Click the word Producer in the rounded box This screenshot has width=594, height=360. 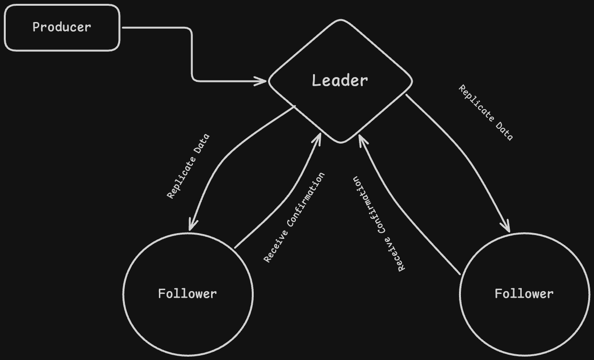(x=62, y=27)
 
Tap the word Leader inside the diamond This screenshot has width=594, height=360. (x=340, y=80)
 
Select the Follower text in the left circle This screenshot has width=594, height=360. (x=187, y=293)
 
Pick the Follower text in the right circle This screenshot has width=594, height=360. (x=524, y=293)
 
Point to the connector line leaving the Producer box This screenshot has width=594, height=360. (x=192, y=53)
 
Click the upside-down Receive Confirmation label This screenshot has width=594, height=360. (x=379, y=224)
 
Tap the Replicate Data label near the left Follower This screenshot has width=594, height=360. (x=188, y=166)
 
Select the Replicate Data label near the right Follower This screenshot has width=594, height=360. (x=486, y=113)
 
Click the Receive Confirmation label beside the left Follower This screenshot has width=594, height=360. (x=294, y=217)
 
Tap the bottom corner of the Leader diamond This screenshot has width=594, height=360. (x=341, y=142)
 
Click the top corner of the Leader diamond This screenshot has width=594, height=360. (x=341, y=20)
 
